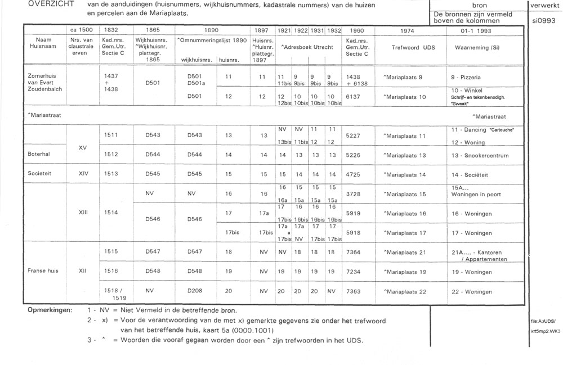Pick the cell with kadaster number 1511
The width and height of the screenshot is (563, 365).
[x=111, y=135]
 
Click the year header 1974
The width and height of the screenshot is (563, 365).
[x=407, y=29]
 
